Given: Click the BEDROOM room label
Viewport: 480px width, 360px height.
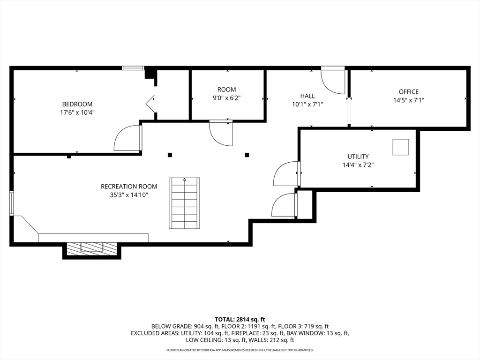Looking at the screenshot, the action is [x=77, y=104].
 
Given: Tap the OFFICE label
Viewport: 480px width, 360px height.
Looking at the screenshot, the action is [x=409, y=92].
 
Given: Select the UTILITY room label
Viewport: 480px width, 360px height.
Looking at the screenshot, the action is [x=358, y=157].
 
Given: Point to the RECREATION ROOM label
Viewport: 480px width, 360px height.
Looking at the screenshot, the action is [x=129, y=187].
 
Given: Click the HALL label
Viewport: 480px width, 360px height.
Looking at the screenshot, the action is [x=307, y=96].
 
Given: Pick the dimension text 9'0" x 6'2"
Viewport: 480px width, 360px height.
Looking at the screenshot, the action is [x=227, y=98].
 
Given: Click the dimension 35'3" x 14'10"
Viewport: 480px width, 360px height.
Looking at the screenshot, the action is [x=129, y=195].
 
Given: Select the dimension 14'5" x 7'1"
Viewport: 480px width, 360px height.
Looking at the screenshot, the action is [x=409, y=100].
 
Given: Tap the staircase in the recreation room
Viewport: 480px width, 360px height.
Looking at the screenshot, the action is [x=184, y=203].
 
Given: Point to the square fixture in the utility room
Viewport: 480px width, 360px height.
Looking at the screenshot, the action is [x=401, y=147].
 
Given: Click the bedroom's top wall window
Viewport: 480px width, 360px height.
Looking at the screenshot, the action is [x=133, y=68].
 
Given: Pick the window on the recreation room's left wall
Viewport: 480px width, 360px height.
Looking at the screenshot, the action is [x=12, y=203].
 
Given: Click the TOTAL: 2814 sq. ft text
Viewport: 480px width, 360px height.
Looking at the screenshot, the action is [x=240, y=320].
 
